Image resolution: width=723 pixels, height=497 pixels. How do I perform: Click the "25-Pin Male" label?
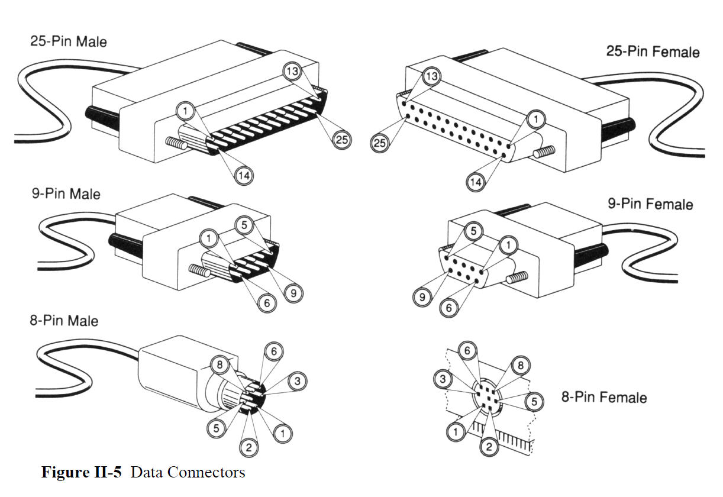coord(68,41)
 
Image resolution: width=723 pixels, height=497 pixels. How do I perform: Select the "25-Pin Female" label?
coord(653,51)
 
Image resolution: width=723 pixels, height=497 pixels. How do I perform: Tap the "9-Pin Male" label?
coord(66,194)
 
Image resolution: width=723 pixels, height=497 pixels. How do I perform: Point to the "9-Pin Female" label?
coord(650,204)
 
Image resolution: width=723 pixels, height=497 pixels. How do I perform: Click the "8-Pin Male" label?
coord(64,321)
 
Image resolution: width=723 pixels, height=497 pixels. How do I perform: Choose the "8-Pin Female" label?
coord(603,397)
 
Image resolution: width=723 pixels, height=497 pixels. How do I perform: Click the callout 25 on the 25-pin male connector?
coord(342,140)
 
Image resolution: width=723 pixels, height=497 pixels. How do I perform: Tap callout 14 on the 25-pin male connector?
coord(243,175)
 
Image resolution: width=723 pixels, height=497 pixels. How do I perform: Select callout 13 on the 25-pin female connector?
coord(432,77)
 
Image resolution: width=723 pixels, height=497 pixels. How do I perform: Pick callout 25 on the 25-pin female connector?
coord(380,143)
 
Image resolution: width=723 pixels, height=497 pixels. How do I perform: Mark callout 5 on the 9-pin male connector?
coord(247,225)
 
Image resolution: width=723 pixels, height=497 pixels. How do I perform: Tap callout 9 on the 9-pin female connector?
coord(422,297)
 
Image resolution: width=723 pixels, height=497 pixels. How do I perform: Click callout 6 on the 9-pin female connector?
coord(449,307)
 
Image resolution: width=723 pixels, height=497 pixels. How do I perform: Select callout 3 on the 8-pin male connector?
coord(297,382)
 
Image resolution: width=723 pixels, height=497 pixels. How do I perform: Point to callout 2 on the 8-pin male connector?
coord(248,447)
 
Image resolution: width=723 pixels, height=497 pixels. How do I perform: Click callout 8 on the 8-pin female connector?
coord(521,365)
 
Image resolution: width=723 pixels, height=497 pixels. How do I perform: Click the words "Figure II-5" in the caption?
coord(82,473)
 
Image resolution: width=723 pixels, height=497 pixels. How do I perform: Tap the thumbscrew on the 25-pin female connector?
coord(544,153)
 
